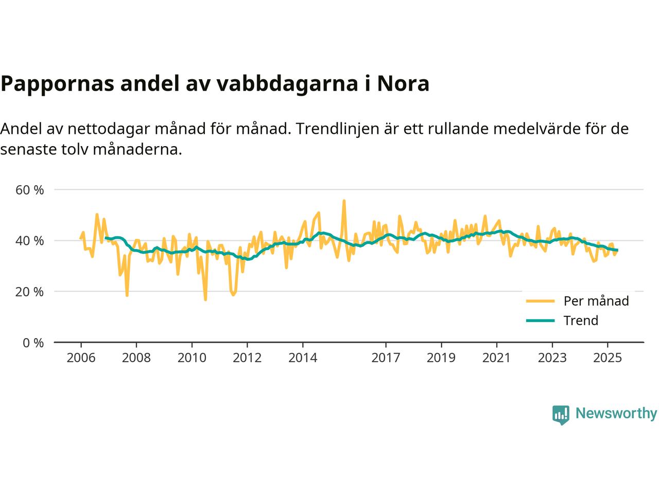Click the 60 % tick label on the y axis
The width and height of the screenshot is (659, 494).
pos(30,190)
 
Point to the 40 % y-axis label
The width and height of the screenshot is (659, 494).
pos(30,241)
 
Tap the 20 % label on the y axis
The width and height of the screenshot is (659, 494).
pos(30,292)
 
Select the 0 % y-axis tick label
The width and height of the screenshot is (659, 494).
pos(32,343)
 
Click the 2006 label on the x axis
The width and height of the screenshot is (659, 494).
pos(81,358)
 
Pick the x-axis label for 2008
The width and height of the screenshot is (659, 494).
pos(136,358)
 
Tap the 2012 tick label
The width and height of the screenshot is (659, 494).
pos(247,358)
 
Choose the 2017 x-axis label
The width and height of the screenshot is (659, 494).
pos(386,358)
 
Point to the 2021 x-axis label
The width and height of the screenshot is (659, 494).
pos(496,358)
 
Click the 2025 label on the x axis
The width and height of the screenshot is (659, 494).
pos(608,358)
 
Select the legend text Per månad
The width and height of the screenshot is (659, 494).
pos(596,301)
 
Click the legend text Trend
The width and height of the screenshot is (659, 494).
pos(581,321)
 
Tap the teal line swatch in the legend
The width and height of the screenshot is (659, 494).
pos(540,321)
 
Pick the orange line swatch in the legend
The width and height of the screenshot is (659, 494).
pos(540,301)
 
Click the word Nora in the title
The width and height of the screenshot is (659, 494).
pos(403,84)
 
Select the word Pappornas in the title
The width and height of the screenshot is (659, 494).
pos(56,84)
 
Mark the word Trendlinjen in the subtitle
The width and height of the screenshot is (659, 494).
pos(337,128)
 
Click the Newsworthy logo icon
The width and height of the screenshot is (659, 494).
pos(561,414)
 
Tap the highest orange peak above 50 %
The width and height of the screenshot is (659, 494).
pos(344,201)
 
